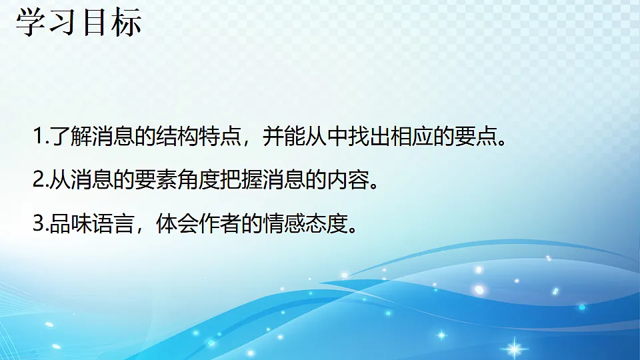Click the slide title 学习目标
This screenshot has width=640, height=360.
coord(79,21)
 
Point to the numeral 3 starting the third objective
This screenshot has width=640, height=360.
coord(38,223)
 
